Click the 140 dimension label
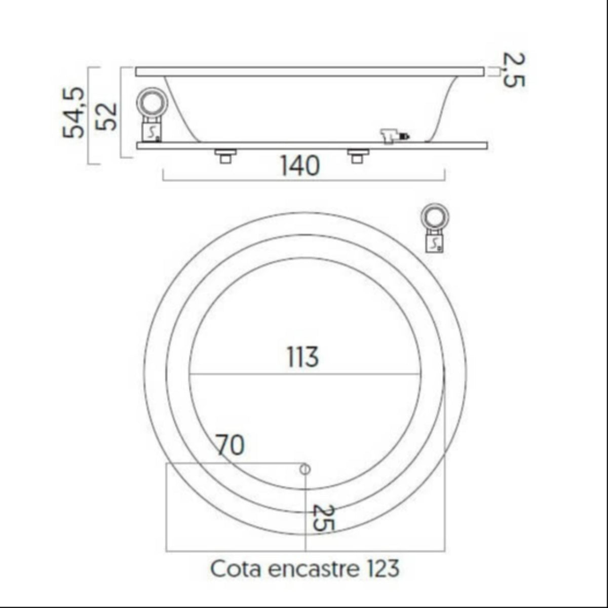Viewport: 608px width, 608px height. pos(300,166)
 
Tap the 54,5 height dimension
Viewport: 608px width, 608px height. pos(74,112)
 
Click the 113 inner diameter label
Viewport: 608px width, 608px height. pos(302,357)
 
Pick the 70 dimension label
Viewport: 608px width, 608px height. pos(230,445)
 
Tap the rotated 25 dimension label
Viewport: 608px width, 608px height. pos(322,517)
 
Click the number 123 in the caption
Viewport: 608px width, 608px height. pos(382,568)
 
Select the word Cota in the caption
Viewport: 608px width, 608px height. pos(235,568)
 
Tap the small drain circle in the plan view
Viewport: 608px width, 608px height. pos(305,469)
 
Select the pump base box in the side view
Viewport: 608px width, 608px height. pos(151,132)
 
